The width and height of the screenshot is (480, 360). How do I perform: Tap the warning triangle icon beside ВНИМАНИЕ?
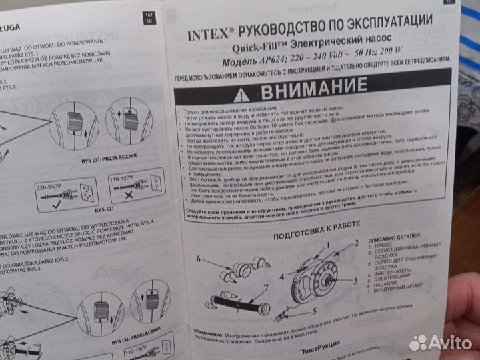click(243, 92)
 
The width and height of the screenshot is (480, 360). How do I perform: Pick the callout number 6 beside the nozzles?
click(199, 258)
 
